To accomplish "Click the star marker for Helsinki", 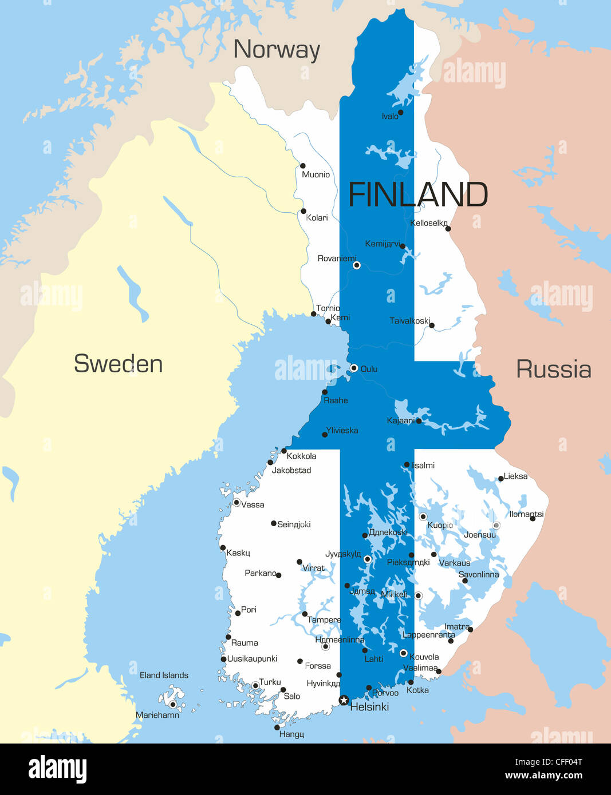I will [x=344, y=700].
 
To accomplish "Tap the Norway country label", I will [x=277, y=49].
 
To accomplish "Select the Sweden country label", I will [x=118, y=364].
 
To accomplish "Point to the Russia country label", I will [x=553, y=369].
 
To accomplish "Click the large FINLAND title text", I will [x=418, y=195].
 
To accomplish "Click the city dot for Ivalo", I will [x=400, y=113].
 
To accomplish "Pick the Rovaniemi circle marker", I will [x=356, y=265].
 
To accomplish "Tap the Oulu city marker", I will [x=354, y=368].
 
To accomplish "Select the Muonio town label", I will [x=316, y=174].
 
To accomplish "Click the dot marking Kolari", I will [x=303, y=211].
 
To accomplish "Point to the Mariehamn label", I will [x=157, y=715].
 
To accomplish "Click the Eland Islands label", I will [x=164, y=675].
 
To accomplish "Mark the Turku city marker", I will [x=255, y=685].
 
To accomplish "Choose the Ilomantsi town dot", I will [x=533, y=518].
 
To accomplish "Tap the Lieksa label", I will [x=515, y=476].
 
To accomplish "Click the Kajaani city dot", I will [x=419, y=421].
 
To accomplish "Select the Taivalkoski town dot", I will [x=432, y=325].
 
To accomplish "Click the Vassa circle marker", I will [x=236, y=503].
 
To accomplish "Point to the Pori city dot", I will [x=238, y=613].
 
